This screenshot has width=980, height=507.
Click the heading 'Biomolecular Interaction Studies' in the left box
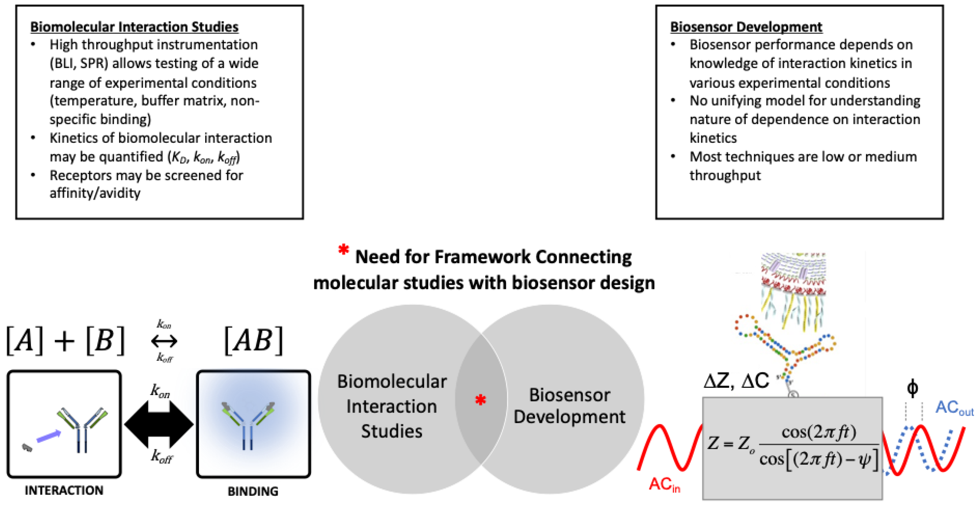tap(134, 27)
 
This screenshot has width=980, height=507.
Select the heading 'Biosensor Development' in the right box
tap(746, 27)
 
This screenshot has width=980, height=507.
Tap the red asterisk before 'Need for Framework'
tap(343, 250)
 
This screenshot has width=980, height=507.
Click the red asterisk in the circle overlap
tap(481, 400)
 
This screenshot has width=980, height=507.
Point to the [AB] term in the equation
tap(253, 341)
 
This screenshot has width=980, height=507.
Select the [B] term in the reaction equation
tap(105, 341)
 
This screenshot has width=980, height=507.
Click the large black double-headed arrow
tap(159, 424)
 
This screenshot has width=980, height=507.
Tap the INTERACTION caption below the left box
tap(64, 490)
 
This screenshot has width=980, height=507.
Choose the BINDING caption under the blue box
tap(253, 491)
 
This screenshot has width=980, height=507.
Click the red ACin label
tap(664, 484)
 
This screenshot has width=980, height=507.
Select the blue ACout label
tap(953, 408)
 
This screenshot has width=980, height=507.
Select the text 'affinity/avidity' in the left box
tap(95, 193)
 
